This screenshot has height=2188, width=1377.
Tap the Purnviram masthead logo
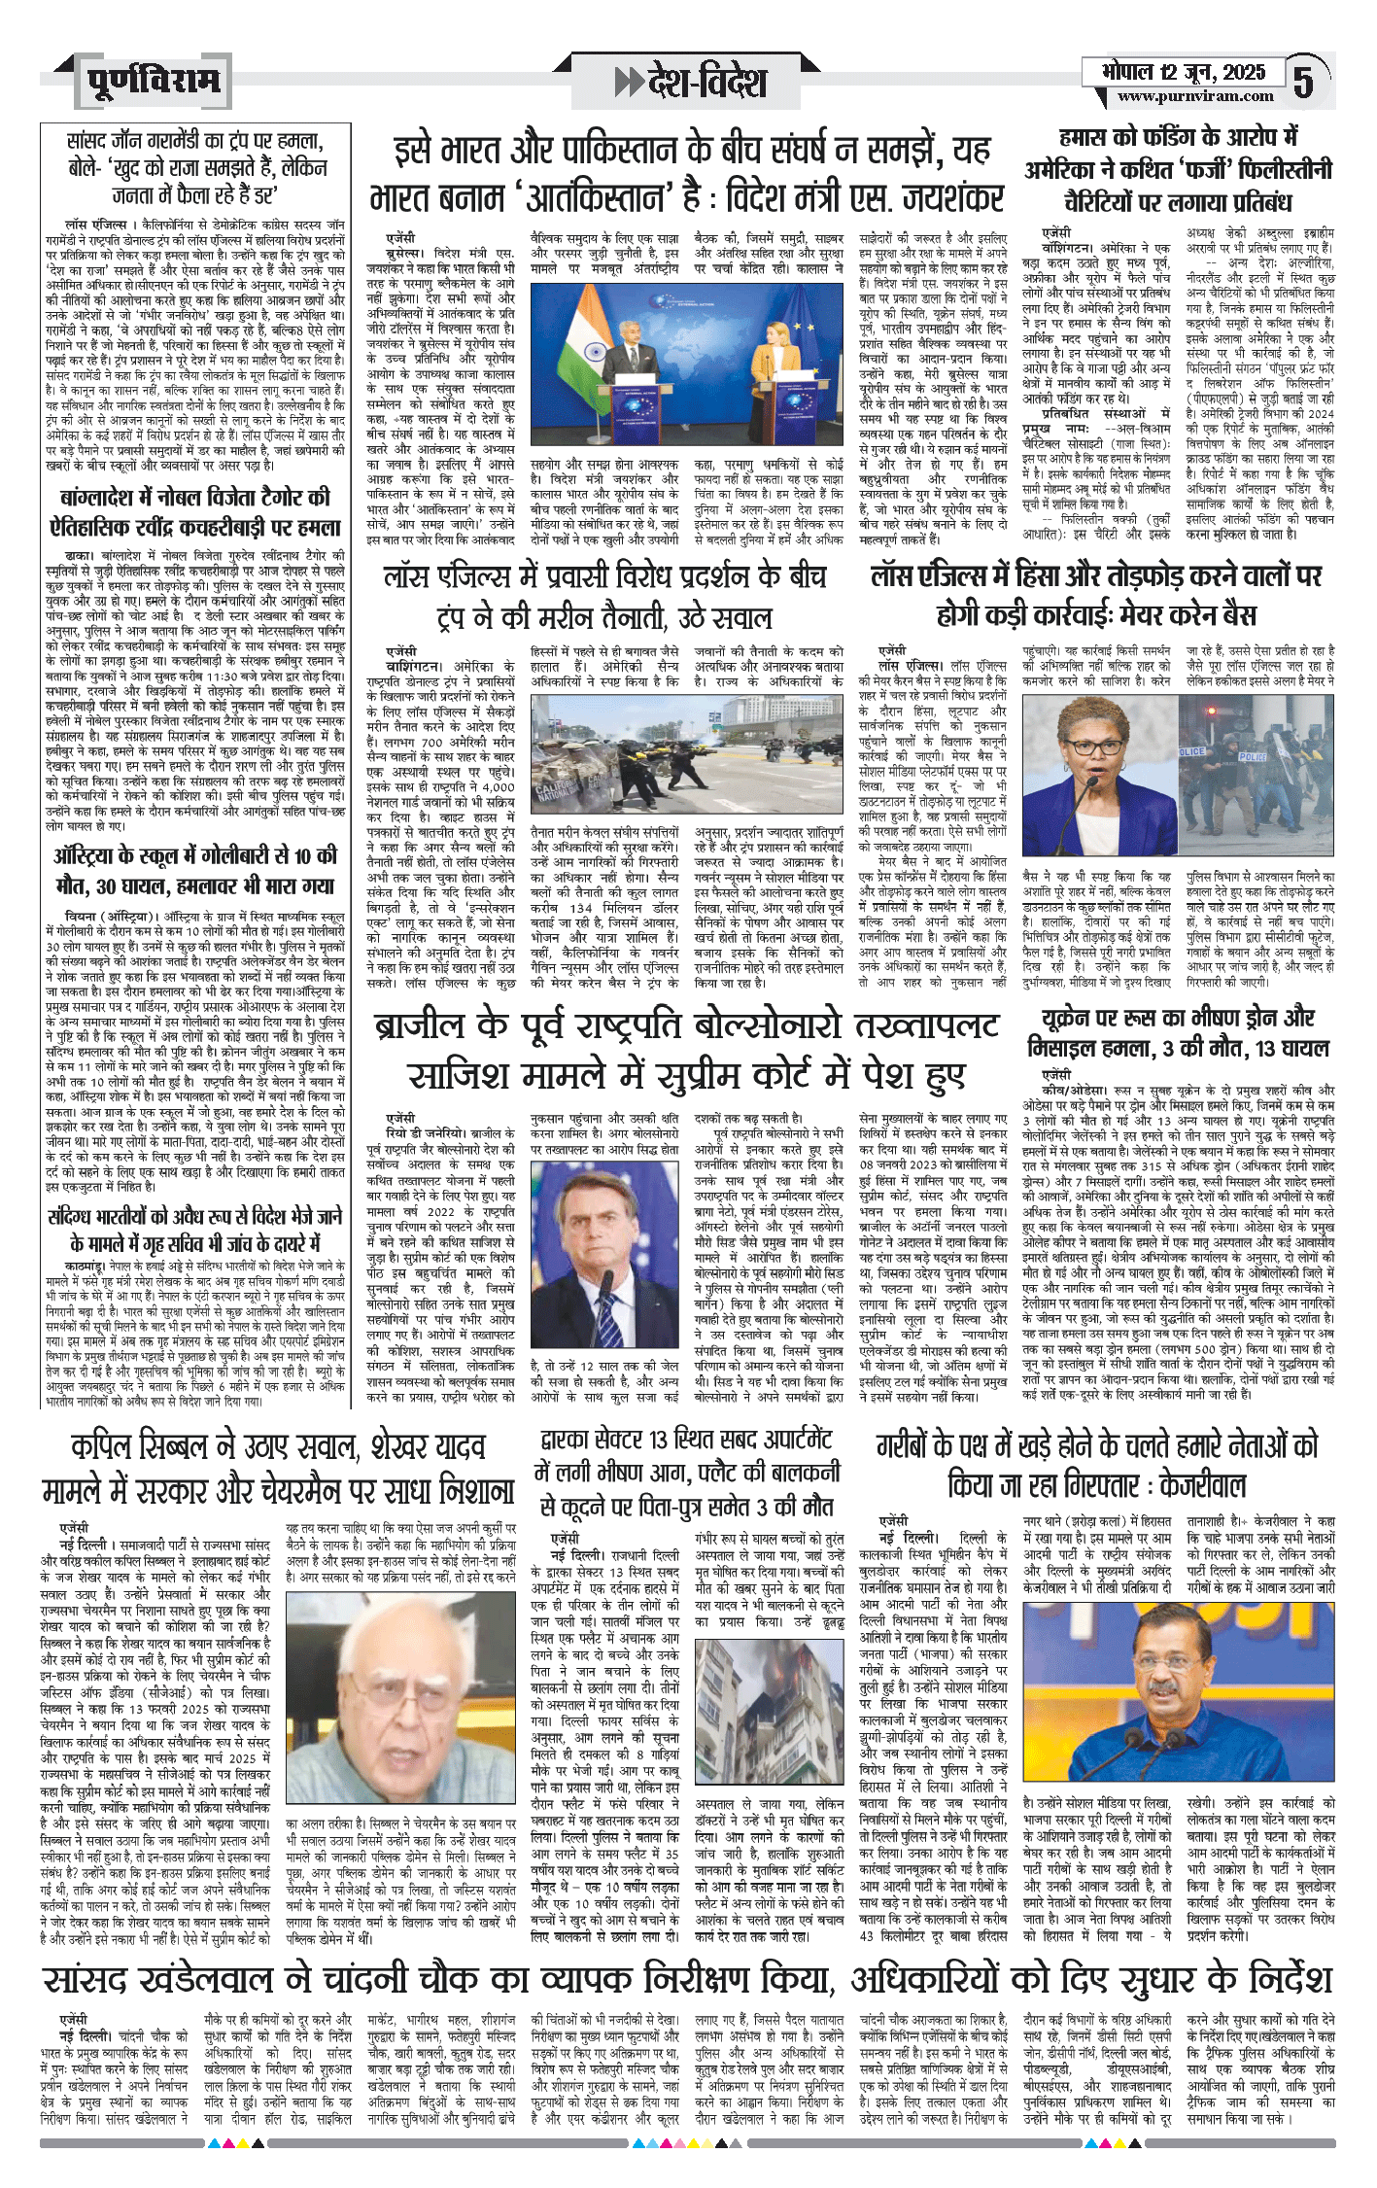pos(153,82)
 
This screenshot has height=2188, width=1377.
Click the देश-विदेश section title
pos(691,83)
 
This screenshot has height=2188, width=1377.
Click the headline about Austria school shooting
pos(194,871)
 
